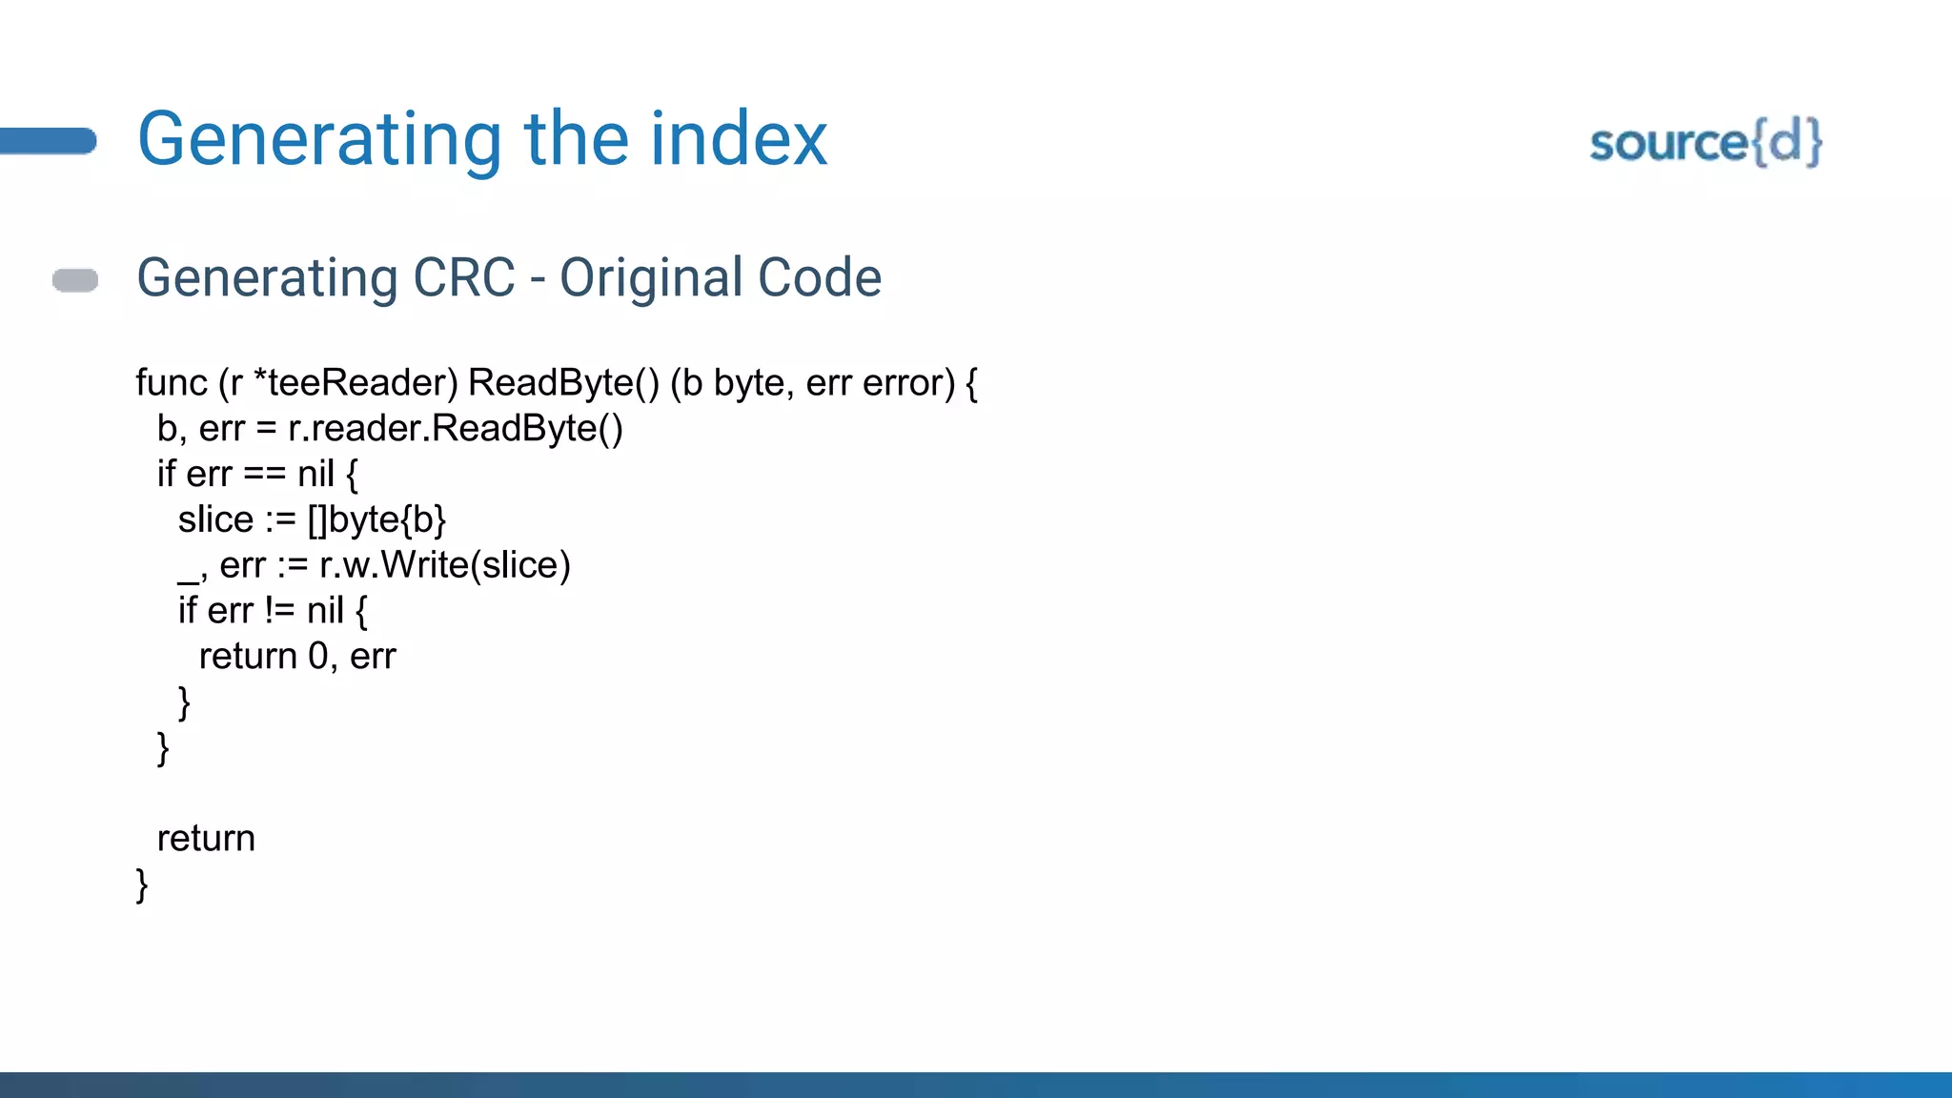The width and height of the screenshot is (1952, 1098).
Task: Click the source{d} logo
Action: (1705, 143)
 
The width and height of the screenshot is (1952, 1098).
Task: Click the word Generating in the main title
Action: (318, 140)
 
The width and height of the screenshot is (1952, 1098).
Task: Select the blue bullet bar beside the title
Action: (48, 141)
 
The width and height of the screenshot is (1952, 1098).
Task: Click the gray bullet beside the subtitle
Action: (75, 280)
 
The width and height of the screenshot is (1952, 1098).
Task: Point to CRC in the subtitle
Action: (464, 277)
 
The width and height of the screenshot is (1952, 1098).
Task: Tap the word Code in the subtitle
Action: (820, 277)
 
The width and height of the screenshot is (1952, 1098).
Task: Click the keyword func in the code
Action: (172, 383)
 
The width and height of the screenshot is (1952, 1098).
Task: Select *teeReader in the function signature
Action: (356, 383)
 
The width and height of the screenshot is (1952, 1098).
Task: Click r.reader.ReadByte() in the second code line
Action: (456, 429)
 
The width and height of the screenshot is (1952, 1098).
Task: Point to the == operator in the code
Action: (264, 474)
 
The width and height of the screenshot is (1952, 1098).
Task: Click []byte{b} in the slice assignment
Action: (377, 519)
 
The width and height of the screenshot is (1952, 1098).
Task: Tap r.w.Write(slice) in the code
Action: (445, 565)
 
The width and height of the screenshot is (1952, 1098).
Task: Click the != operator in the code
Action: (279, 611)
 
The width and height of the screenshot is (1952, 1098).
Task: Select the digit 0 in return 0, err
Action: (318, 657)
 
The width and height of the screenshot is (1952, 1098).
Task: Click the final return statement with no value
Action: (206, 839)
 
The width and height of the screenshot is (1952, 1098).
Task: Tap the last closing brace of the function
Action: (142, 885)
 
